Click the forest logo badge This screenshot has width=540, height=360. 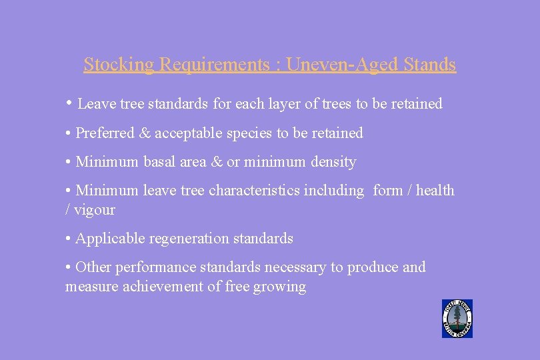click(x=457, y=319)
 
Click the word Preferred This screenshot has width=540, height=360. click(x=105, y=133)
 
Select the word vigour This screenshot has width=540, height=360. click(x=94, y=211)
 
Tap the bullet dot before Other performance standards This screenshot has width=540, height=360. click(x=69, y=267)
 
